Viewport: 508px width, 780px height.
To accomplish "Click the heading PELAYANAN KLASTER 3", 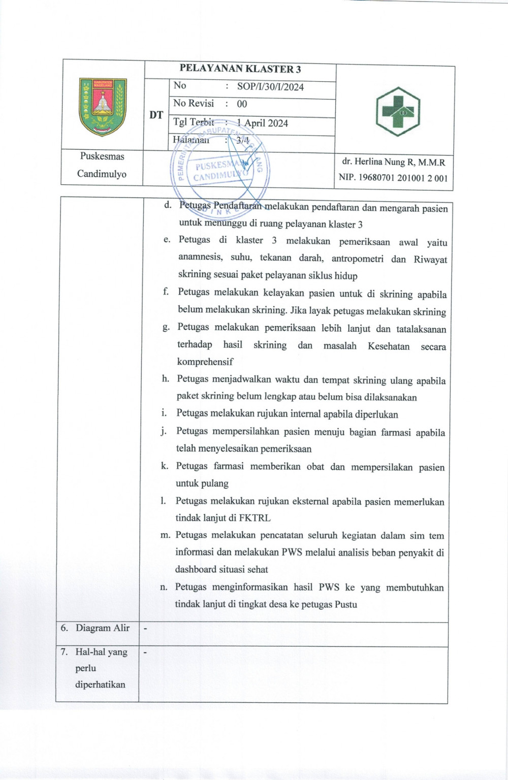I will pos(240,69).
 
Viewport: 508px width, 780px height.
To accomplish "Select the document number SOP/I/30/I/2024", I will pos(270,87).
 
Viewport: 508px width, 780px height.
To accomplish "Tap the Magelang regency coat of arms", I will pos(103,107).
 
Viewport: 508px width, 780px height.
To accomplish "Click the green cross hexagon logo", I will pos(398,112).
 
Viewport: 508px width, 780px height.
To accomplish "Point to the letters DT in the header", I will pos(156,115).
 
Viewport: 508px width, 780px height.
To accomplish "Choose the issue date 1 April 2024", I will pos(263,123).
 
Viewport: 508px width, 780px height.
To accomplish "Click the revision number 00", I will pos(242,104).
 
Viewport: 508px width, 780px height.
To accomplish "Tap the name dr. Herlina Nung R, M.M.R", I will pos(393,162).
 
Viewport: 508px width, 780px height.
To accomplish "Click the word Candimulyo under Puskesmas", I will pos(102,174).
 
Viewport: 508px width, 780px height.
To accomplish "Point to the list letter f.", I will pos(166,291).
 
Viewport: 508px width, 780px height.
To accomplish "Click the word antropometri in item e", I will pos(358,259).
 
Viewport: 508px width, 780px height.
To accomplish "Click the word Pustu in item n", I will pos(346,605).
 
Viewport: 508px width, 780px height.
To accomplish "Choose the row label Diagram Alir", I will pos(103,628).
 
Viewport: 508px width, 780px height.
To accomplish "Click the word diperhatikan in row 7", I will pos(100,685).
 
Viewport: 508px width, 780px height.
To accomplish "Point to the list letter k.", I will pos(165,466).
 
